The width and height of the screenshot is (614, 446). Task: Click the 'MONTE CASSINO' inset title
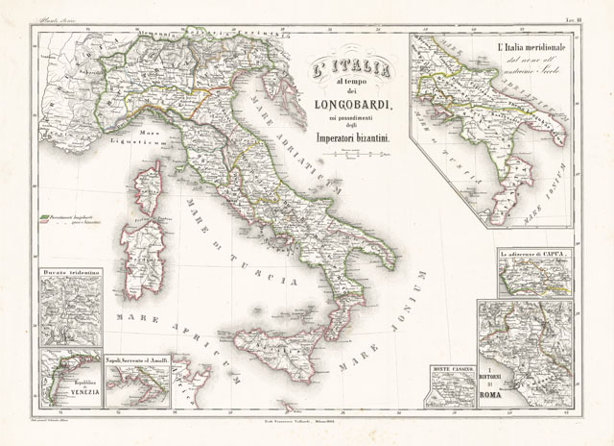pos(452,369)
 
